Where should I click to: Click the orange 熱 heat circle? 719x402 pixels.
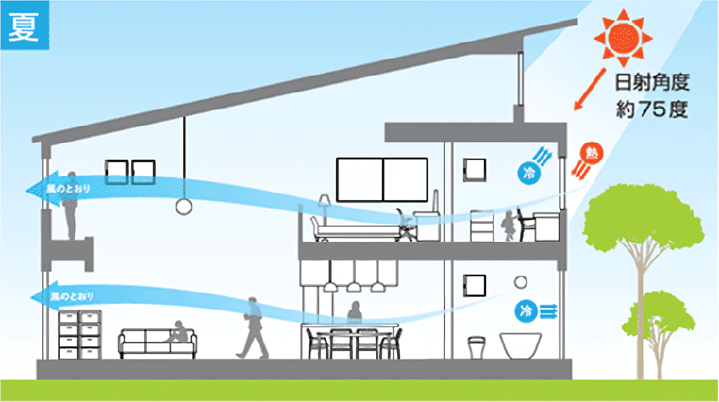591,153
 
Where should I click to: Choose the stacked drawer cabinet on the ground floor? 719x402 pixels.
79,335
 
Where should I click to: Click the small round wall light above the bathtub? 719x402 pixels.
520,282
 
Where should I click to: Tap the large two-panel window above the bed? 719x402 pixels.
382,179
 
